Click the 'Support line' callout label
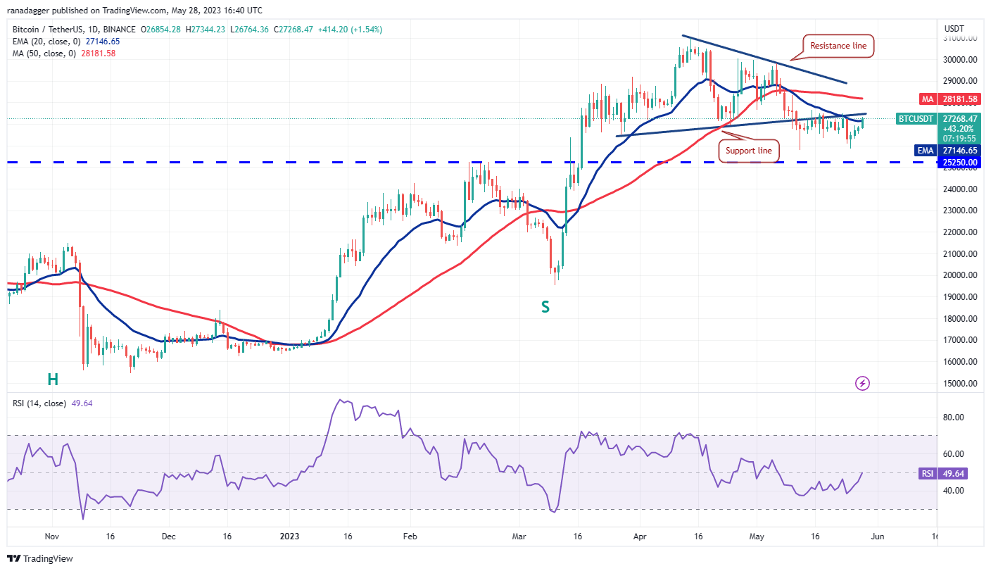coord(749,151)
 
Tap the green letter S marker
coord(545,306)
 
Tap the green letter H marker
coord(53,379)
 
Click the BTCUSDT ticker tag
coord(915,119)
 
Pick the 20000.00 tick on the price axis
coord(961,275)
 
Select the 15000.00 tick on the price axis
coord(961,384)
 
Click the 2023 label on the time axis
coord(289,536)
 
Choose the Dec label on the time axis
coord(168,536)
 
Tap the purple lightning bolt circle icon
coord(863,383)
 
